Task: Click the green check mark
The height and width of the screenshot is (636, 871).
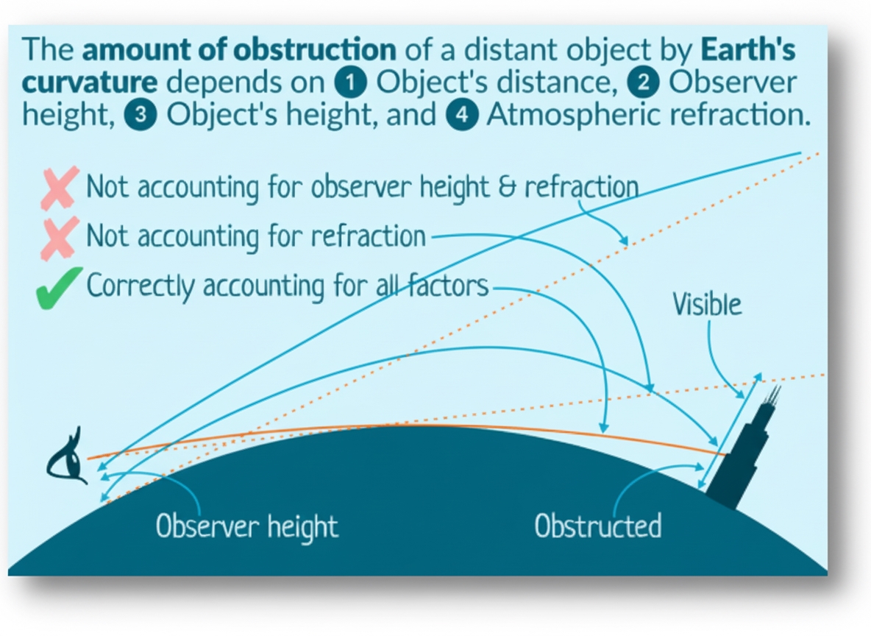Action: tap(58, 288)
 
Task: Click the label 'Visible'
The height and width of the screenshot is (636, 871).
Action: tap(707, 304)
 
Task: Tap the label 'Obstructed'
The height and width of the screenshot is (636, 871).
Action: tap(597, 526)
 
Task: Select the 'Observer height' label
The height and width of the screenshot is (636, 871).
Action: tap(247, 526)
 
